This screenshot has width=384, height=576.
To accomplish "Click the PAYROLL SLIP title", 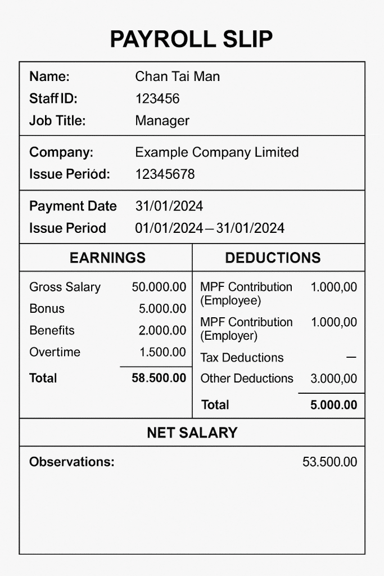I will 191,39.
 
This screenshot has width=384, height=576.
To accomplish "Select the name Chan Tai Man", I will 178,76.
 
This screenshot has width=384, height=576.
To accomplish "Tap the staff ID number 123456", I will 157,99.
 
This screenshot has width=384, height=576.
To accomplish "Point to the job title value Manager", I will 162,120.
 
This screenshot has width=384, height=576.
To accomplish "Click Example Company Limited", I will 217,152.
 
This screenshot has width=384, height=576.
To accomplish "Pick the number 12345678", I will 165,174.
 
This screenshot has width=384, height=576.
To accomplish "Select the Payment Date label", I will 73,206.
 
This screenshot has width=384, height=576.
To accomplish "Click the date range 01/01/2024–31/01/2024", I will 210,228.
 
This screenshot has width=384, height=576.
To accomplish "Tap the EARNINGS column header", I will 107,258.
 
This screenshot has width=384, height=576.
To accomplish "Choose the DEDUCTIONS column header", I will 273,258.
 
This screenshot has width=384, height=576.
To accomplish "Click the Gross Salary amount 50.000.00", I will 159,287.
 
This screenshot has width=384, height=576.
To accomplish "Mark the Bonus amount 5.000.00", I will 162,309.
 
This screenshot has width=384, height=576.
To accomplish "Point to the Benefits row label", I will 52,331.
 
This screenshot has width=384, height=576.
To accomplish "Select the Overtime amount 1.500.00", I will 162,353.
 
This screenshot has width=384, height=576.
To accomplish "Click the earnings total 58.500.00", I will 159,378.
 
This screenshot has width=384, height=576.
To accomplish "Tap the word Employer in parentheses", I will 229,336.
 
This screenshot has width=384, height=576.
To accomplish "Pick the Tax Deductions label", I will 242,358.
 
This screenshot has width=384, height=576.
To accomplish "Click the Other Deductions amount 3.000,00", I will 334,379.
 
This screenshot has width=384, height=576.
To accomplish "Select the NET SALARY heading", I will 192,433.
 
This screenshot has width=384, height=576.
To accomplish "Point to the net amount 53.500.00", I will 330,462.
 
